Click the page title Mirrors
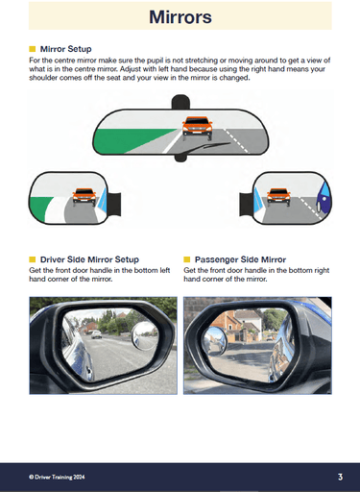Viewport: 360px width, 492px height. (x=180, y=17)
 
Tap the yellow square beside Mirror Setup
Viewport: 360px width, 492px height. (x=33, y=47)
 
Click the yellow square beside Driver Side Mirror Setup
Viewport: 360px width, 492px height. (x=33, y=259)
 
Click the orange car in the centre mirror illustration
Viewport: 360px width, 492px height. (x=197, y=125)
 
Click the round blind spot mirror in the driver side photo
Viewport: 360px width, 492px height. (x=145, y=335)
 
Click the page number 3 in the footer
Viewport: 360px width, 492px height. (x=340, y=476)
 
